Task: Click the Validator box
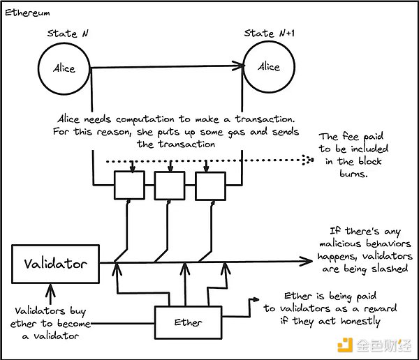click(x=55, y=264)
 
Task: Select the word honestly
click(x=361, y=322)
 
